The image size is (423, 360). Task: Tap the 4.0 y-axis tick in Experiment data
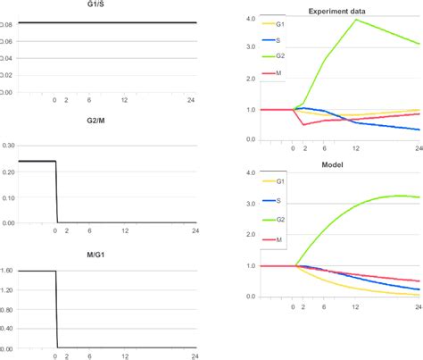click(x=251, y=18)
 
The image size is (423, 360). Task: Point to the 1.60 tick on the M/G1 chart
click(x=8, y=271)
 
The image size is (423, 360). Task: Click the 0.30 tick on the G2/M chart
click(x=8, y=144)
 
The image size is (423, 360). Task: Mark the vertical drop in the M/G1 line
click(x=56, y=308)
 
